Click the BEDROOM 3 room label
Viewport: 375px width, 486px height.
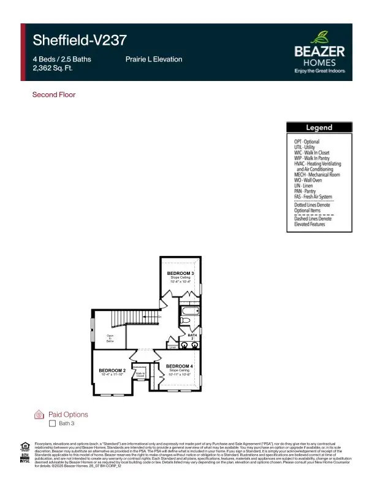pyautogui.click(x=180, y=272)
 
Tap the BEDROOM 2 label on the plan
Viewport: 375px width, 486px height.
pyautogui.click(x=112, y=371)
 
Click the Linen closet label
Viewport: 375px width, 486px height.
pyautogui.click(x=173, y=347)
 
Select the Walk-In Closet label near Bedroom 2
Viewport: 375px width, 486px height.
pyautogui.click(x=140, y=374)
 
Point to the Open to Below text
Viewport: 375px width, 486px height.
pyautogui.click(x=110, y=337)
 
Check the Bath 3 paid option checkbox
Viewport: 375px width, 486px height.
pyautogui.click(x=52, y=423)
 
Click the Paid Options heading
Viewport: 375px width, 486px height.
pyautogui.click(x=68, y=414)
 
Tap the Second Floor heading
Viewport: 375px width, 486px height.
pyautogui.click(x=53, y=94)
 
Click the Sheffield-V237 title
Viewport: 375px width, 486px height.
pyautogui.click(x=79, y=40)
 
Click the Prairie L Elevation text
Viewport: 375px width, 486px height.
pyautogui.click(x=153, y=60)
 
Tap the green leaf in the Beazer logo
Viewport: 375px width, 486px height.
pyautogui.click(x=319, y=37)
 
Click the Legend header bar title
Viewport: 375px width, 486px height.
pyautogui.click(x=319, y=128)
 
